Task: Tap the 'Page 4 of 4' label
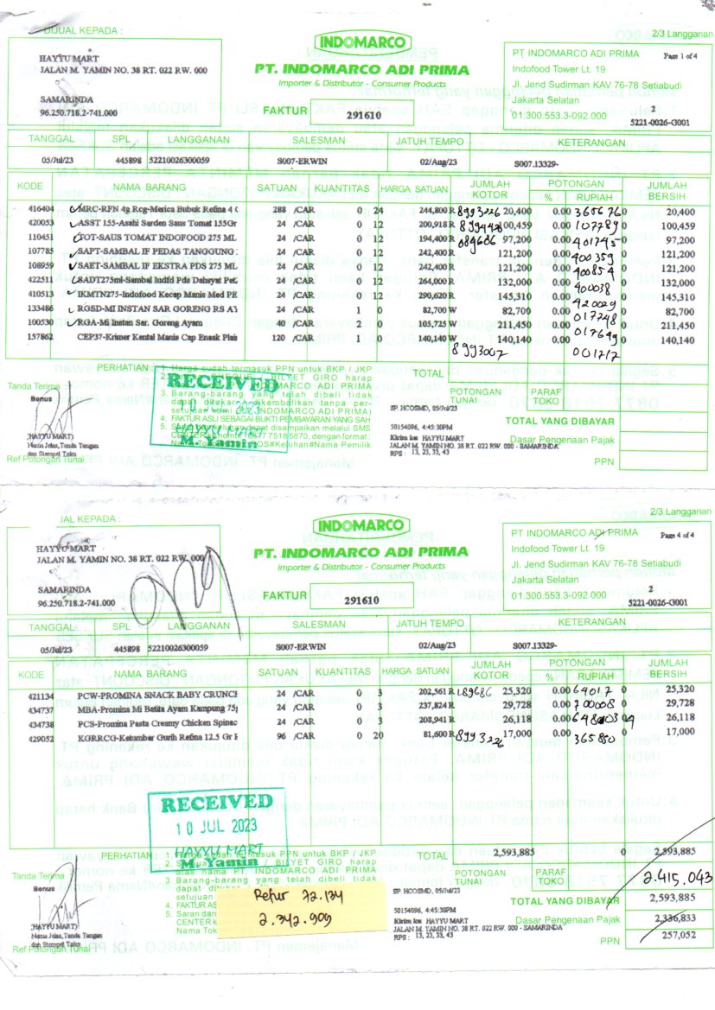(x=682, y=536)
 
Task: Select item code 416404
(x=41, y=210)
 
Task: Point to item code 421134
(x=41, y=692)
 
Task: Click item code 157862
(x=41, y=340)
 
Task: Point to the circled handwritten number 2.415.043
(x=676, y=879)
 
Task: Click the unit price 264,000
(x=430, y=282)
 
